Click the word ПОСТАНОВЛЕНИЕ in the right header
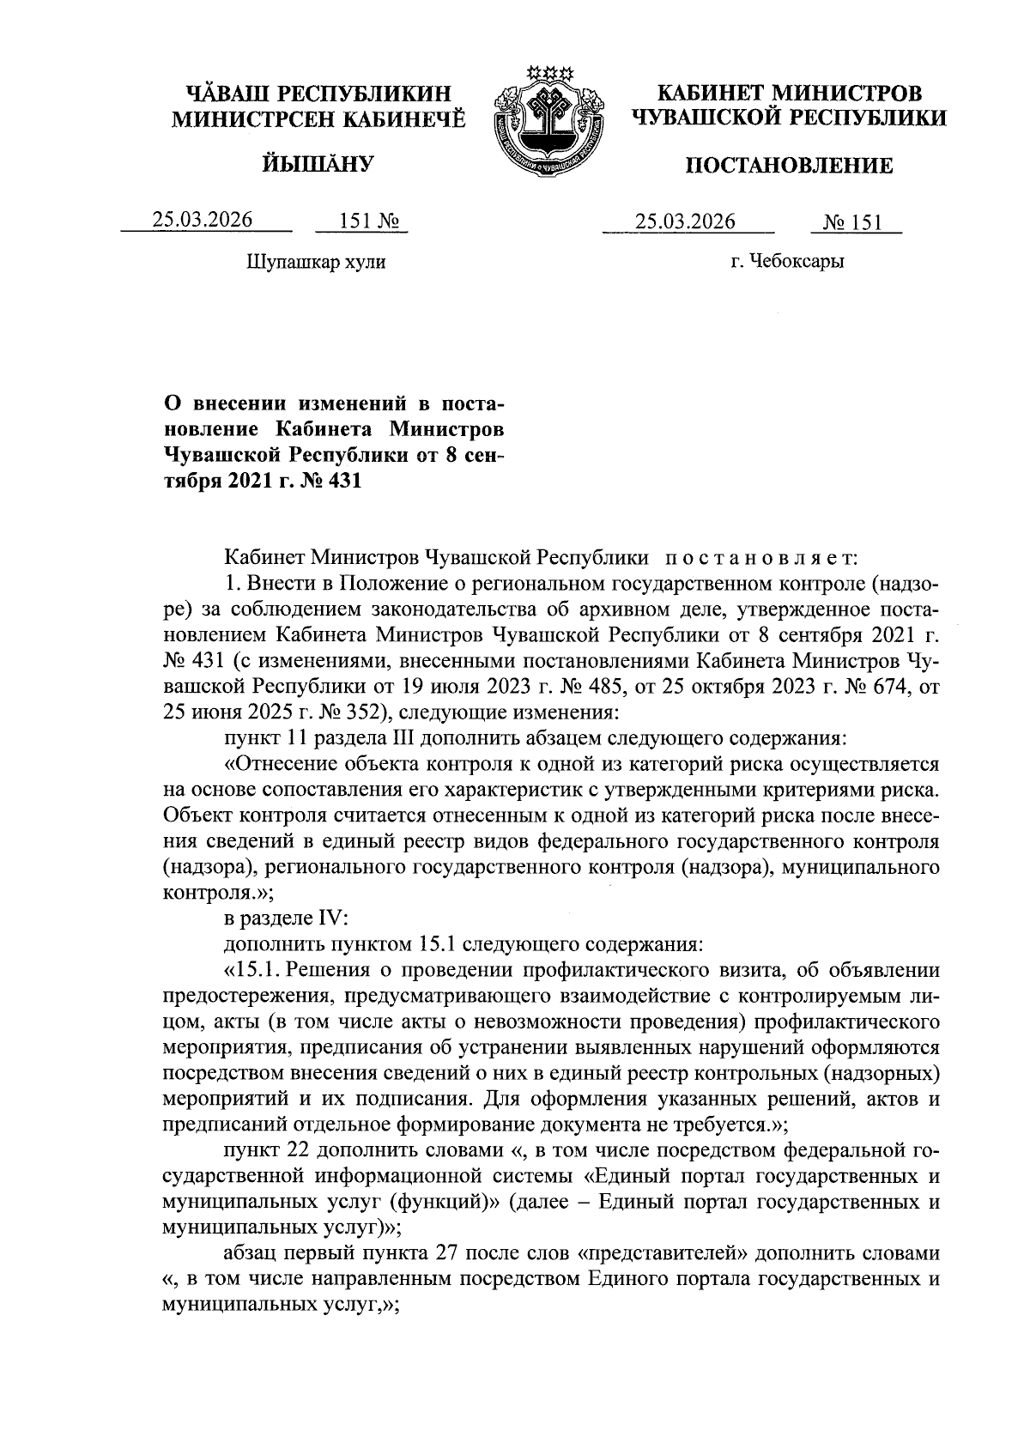tap(788, 166)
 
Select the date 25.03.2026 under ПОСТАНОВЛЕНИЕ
tap(685, 222)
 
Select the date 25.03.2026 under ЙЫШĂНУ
tap(203, 220)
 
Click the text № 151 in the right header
tap(852, 223)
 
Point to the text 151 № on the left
tap(360, 221)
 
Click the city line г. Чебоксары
tap(787, 262)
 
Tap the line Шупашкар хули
tap(316, 262)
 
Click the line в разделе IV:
tap(285, 918)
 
